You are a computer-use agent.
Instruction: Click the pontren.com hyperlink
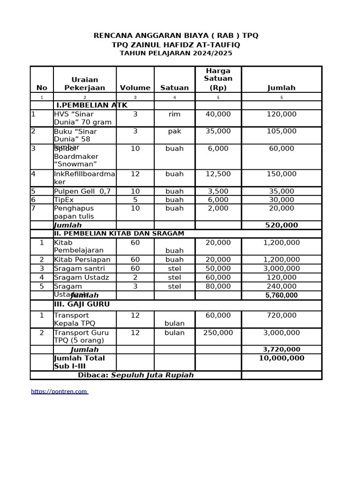59,391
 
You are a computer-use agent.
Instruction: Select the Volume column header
135,88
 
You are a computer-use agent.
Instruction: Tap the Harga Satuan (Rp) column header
218,79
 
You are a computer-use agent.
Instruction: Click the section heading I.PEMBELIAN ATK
91,105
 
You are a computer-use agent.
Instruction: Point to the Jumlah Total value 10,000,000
281,358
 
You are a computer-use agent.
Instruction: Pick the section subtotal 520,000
281,225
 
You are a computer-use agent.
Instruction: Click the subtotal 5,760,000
281,295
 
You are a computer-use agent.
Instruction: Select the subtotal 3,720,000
281,350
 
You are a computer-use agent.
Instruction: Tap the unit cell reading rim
174,114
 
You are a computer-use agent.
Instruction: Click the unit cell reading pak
174,131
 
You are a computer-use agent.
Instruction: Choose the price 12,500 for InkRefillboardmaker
218,174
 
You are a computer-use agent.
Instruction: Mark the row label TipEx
64,200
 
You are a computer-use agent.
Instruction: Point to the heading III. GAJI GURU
82,304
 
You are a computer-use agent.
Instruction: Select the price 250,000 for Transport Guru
218,333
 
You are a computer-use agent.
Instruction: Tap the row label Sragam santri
79,269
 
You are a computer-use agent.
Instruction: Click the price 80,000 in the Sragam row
218,286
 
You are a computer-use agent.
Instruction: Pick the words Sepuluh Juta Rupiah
152,375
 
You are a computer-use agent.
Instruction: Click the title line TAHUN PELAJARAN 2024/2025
176,53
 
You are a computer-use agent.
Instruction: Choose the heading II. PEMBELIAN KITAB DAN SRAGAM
119,233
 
